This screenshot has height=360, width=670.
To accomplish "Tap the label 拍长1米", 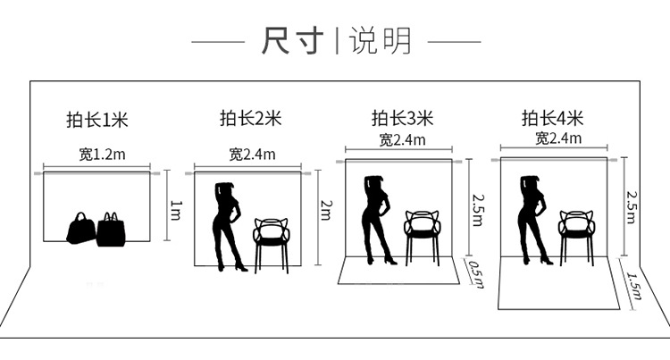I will click(x=97, y=120).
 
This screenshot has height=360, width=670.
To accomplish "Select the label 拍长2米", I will click(x=250, y=118).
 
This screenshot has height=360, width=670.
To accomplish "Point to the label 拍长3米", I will click(x=402, y=118).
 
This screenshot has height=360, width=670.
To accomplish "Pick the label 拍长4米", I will click(x=553, y=118).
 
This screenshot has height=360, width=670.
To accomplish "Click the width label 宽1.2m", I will click(x=102, y=154).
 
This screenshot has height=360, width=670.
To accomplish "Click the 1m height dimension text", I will click(x=176, y=210).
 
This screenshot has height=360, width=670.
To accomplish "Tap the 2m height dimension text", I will click(x=326, y=210).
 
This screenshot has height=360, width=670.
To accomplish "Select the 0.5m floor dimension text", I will click(x=475, y=270).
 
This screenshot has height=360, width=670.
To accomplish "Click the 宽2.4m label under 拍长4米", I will click(x=558, y=138).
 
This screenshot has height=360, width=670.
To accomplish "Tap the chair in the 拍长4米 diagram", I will click(x=576, y=234).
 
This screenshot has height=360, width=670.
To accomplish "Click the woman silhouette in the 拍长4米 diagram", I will click(x=534, y=219).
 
